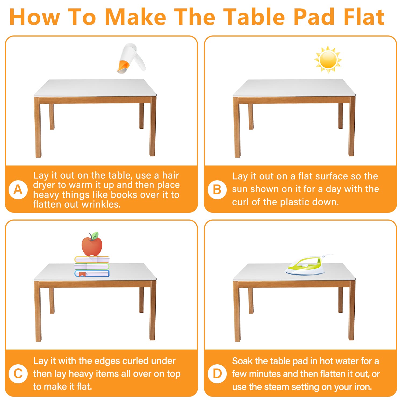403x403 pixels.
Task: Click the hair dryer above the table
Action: tap(131, 58)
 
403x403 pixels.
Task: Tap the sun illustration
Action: tap(328, 59)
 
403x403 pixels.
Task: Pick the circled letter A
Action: tap(18, 189)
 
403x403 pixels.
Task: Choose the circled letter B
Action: tap(217, 189)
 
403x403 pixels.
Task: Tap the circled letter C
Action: tap(18, 373)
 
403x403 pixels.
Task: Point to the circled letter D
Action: tap(217, 373)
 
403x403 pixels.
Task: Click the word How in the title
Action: tap(34, 17)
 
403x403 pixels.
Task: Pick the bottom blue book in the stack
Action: tap(92, 274)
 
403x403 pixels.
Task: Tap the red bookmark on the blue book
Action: tap(82, 274)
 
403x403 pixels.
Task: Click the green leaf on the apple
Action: tap(94, 236)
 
